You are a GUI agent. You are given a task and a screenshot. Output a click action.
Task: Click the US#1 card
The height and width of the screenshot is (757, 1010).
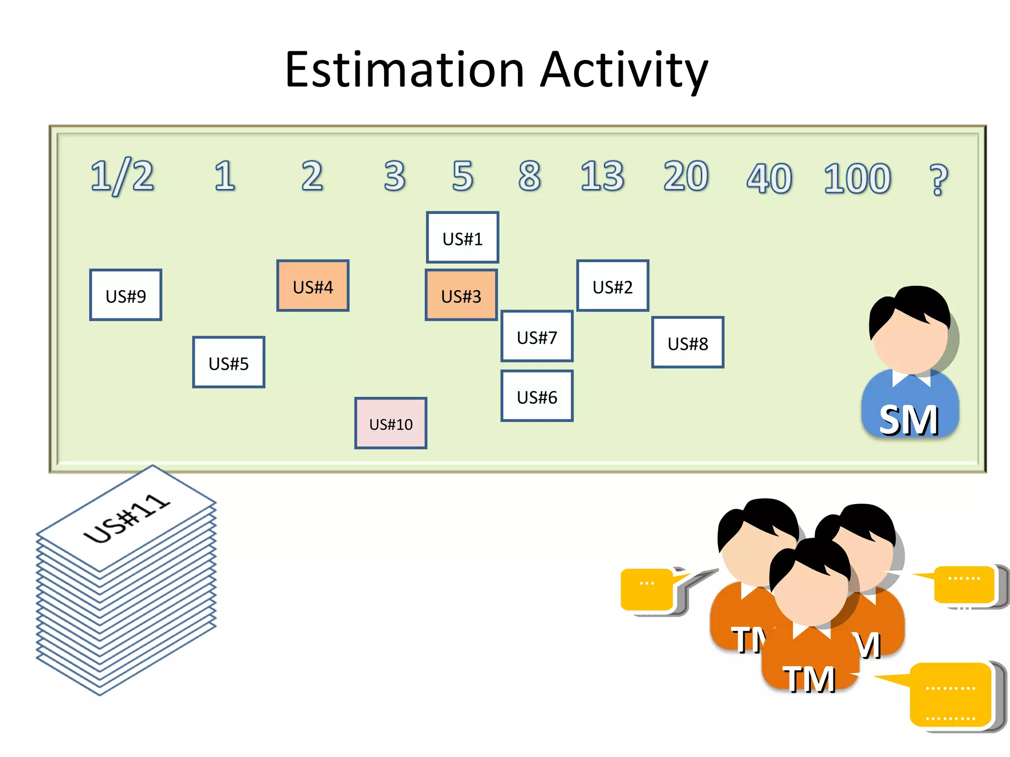pos(462,238)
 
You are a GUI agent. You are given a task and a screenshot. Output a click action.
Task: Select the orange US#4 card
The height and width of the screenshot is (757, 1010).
pos(313,286)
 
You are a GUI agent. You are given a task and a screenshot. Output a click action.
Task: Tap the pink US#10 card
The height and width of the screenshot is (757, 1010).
pos(391,423)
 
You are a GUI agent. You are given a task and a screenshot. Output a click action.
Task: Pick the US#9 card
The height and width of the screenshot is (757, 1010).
pos(126,295)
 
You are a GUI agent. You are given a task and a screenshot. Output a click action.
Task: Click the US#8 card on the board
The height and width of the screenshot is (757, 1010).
pos(687,343)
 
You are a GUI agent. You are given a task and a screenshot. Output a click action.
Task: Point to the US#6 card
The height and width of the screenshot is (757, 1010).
pos(537,396)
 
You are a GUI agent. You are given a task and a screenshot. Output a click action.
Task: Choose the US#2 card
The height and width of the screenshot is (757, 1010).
pos(613,286)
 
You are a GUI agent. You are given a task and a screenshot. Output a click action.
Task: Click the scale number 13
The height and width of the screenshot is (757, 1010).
pos(602,176)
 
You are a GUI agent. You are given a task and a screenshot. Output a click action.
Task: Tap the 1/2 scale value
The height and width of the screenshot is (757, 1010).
pos(122,176)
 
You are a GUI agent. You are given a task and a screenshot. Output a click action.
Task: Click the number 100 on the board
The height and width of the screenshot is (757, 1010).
pos(857,178)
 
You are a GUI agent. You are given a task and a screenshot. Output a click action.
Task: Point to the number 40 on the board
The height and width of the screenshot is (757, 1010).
pos(769,178)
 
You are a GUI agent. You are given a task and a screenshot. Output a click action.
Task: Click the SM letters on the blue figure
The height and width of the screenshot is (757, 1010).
pos(908,420)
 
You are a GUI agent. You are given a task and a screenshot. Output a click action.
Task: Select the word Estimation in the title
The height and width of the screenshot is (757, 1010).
pos(404,70)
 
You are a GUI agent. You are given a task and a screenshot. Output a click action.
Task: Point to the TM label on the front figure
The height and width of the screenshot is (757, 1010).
pos(809,679)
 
